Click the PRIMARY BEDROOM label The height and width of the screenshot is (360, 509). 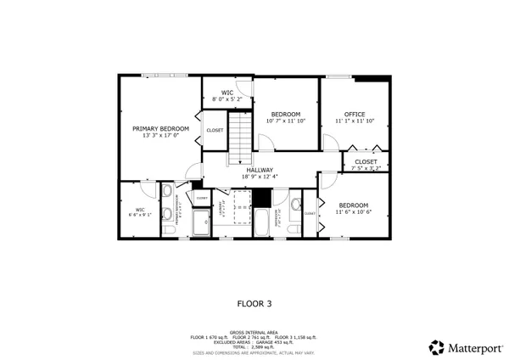point(160,129)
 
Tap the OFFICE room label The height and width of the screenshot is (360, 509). point(354,114)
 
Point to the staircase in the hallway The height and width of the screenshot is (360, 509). point(243,138)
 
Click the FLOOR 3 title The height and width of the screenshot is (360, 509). point(254,301)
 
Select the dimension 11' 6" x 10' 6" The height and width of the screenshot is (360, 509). point(353,211)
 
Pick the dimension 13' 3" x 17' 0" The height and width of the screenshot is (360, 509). point(160,136)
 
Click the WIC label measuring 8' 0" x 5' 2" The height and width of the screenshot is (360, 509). point(227,93)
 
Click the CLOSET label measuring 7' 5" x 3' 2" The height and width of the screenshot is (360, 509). point(366,161)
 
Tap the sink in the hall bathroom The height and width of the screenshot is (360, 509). point(294,205)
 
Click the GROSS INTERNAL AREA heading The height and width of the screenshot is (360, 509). point(254,332)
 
